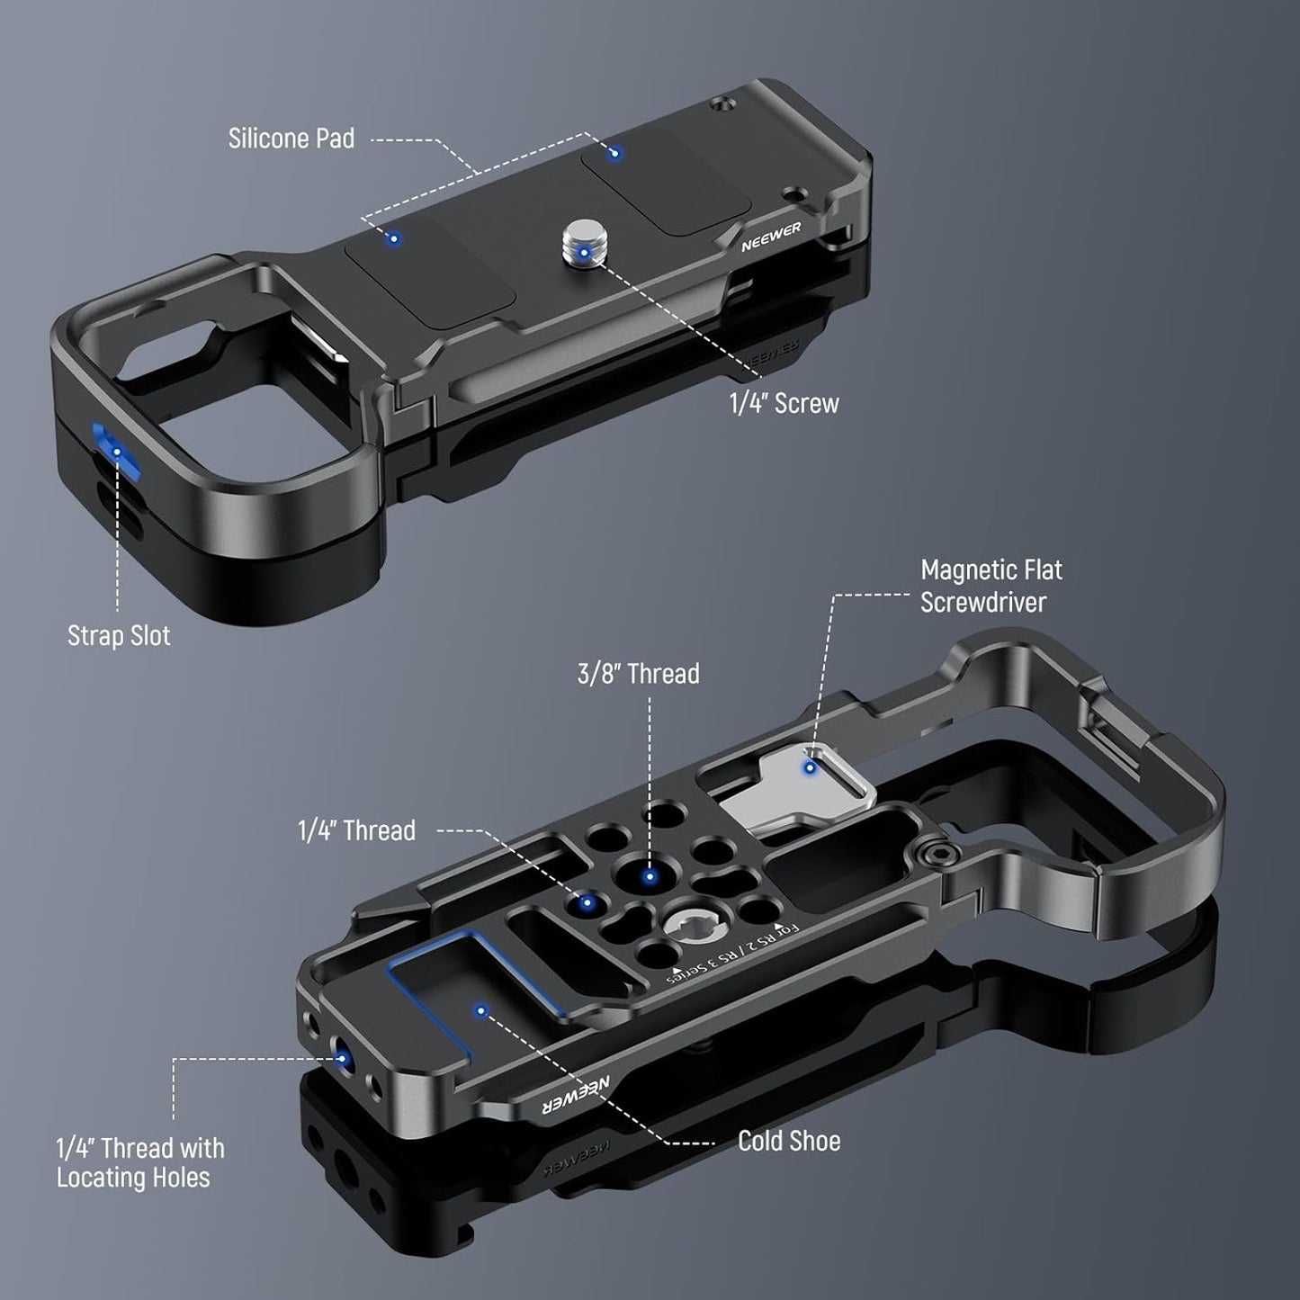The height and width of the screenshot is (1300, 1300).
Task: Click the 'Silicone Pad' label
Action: (291, 139)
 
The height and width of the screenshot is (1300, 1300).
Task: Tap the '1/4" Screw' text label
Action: (784, 403)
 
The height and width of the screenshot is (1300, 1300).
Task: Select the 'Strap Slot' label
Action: (119, 635)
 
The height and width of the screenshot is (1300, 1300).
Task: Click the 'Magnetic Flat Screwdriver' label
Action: (991, 586)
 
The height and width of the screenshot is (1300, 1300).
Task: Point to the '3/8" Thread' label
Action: (638, 673)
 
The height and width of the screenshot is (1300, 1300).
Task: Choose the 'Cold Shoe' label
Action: (789, 1141)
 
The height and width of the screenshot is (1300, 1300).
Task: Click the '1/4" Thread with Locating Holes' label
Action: (139, 1162)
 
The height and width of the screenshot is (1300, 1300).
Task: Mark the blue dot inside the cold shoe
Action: (481, 1010)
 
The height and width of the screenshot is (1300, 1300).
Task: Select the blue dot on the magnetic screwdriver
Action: (811, 767)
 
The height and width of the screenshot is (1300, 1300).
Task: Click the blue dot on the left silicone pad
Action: (392, 238)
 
